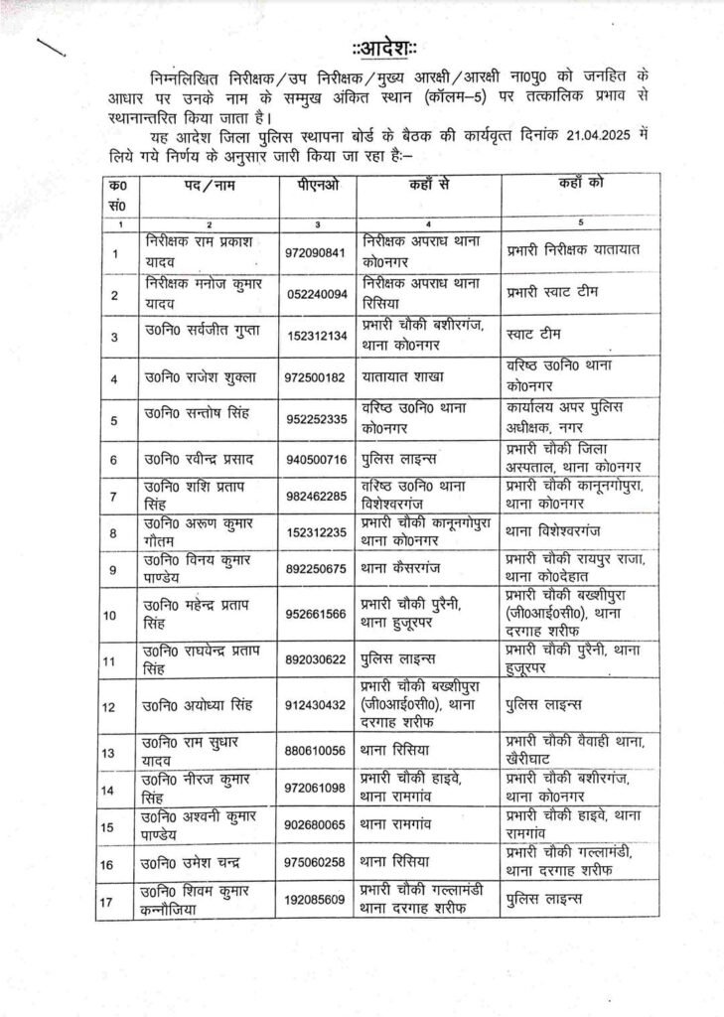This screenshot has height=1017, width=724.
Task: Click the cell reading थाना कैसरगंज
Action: [x=407, y=568]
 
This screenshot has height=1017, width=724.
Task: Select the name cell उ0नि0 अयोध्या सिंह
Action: [x=199, y=705]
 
